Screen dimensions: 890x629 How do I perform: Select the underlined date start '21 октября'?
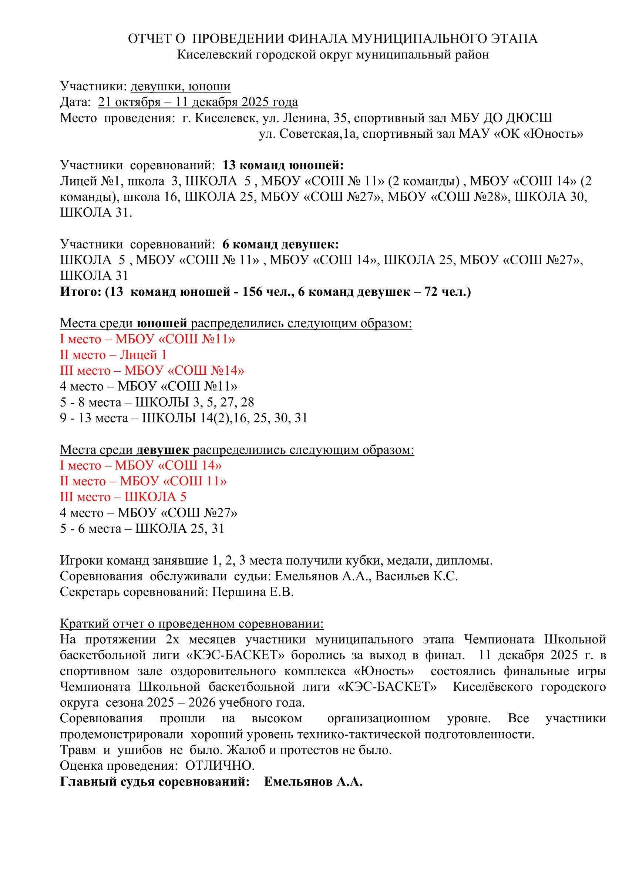[129, 102]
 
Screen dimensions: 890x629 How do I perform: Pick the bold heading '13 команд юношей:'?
[283, 165]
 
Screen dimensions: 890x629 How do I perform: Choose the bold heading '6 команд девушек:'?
[280, 245]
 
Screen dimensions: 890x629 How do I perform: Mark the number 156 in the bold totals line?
[252, 292]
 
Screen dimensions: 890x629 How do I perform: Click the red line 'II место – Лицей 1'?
[113, 355]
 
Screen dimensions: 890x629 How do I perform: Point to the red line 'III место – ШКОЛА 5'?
[123, 497]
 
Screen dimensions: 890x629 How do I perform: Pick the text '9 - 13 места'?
[94, 418]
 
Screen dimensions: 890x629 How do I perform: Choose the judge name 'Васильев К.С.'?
[416, 576]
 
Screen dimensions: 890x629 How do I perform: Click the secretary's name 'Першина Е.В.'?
[253, 592]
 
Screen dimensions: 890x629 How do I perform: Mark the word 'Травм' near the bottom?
[77, 750]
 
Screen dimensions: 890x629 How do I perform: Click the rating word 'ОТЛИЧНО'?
[220, 766]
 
